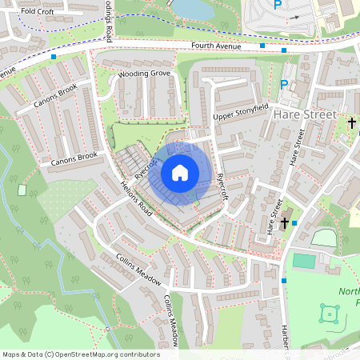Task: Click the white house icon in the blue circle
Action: coord(180,172)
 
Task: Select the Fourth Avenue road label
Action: coord(216,46)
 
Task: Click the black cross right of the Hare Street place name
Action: coord(351,122)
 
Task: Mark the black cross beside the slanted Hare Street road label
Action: coord(285,222)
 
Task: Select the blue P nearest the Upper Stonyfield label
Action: coord(284,84)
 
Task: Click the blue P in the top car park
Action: coord(278,5)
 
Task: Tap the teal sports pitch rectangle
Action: coord(304,261)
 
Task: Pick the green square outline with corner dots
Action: coord(330,313)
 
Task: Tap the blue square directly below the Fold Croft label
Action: coord(53,57)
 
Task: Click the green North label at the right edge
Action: coord(350,292)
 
